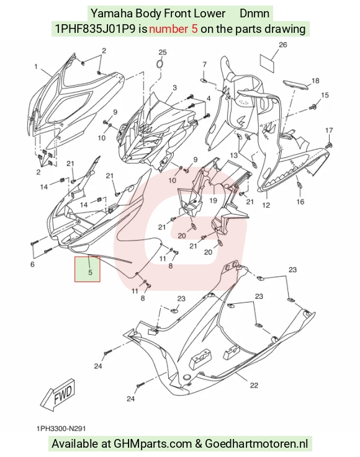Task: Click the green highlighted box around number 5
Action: click(x=88, y=269)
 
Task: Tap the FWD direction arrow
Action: click(x=58, y=394)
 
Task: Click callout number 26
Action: click(x=282, y=45)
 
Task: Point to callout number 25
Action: click(x=163, y=52)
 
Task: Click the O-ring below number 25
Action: click(x=160, y=64)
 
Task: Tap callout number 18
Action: click(x=315, y=81)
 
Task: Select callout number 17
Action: click(x=329, y=130)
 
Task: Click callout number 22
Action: click(x=254, y=385)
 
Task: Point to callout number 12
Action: click(x=266, y=205)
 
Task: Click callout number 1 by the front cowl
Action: click(x=36, y=67)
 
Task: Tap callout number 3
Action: click(x=175, y=87)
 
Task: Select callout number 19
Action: click(x=214, y=200)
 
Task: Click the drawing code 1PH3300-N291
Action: click(x=61, y=428)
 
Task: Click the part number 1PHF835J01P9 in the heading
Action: click(x=95, y=29)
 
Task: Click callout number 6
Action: click(x=32, y=264)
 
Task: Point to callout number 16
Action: click(x=300, y=201)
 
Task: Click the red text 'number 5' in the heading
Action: click(x=173, y=29)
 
